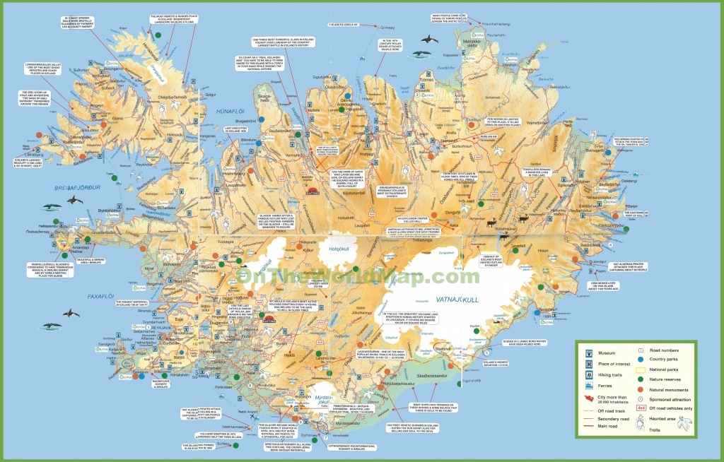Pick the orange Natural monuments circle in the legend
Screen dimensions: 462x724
coord(640,389)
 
